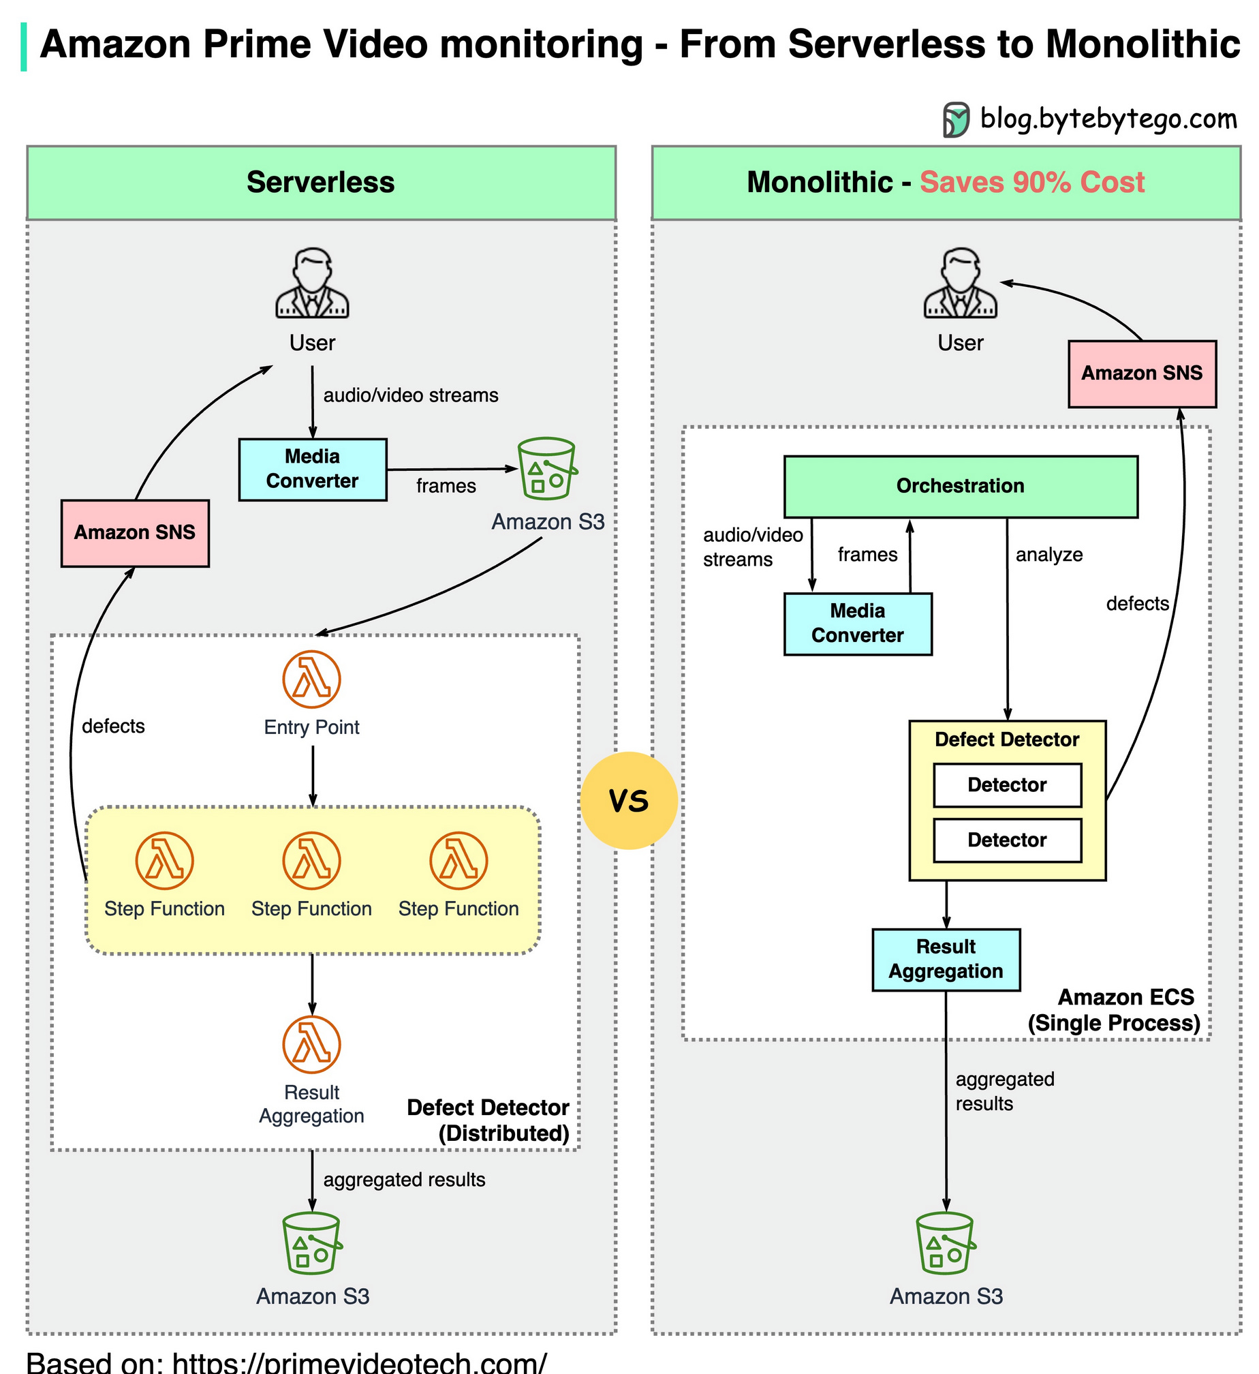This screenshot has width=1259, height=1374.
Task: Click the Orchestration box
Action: click(961, 487)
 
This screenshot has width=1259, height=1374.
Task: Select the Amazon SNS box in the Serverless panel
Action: click(135, 533)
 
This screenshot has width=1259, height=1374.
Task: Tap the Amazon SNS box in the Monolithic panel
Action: click(1142, 373)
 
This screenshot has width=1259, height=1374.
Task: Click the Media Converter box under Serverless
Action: click(313, 470)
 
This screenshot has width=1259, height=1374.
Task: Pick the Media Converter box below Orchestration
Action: click(858, 624)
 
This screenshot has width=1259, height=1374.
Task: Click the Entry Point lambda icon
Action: click(312, 680)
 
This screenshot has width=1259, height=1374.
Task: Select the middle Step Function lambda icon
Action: click(312, 861)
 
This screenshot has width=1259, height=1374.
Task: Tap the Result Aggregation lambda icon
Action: click(312, 1045)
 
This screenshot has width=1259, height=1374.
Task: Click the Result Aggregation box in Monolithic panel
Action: click(946, 960)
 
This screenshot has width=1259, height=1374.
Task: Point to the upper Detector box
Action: click(1007, 785)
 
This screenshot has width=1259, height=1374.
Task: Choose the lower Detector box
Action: click(1007, 840)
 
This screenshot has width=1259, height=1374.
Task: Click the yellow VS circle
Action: click(629, 801)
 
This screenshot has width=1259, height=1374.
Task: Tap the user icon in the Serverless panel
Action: click(312, 283)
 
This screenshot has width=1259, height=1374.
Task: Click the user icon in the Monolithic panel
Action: click(961, 283)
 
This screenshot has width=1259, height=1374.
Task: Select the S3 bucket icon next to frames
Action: click(548, 469)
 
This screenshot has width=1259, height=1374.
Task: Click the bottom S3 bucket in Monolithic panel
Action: click(946, 1243)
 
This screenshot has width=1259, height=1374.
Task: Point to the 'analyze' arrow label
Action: click(1049, 555)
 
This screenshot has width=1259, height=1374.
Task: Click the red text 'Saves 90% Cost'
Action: click(1032, 183)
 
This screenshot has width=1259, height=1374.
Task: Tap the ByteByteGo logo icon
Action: click(957, 120)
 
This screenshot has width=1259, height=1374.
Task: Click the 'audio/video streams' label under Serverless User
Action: click(411, 395)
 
